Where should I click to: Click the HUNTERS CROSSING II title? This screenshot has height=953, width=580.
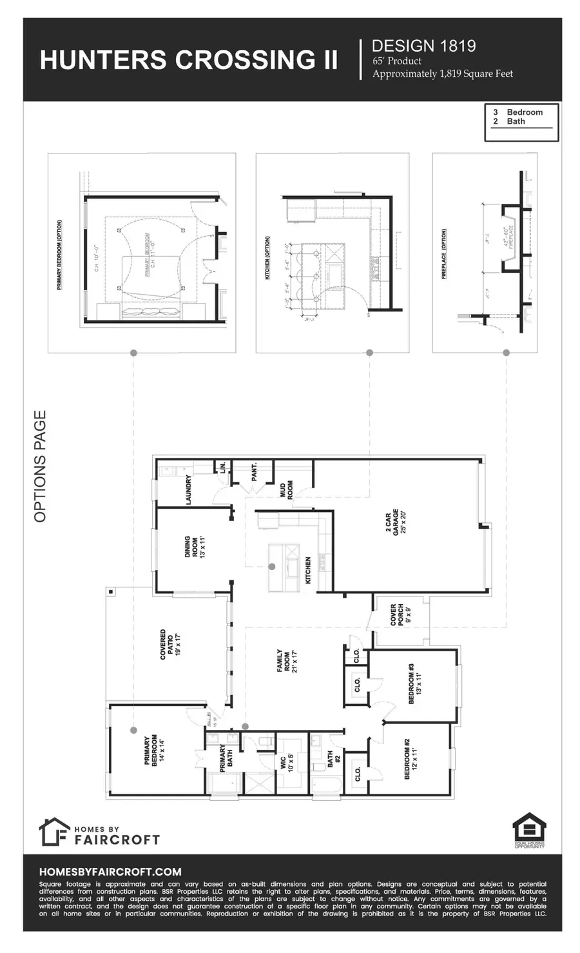coord(188,60)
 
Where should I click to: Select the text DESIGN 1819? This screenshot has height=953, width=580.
coord(423,46)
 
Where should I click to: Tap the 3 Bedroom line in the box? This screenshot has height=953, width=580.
coord(518,112)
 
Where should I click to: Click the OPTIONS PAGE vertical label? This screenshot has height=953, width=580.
coord(41,466)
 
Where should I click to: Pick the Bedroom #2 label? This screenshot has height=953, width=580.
coord(410,760)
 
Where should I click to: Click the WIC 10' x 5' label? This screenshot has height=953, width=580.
coord(287,763)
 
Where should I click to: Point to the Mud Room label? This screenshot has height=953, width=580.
coord(285,490)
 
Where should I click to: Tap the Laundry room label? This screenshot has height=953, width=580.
coord(189,490)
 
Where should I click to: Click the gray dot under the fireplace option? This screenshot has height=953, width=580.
coord(506,353)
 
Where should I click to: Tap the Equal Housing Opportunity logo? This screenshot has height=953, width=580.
coord(529,831)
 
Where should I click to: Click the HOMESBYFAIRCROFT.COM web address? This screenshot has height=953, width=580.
coord(110,871)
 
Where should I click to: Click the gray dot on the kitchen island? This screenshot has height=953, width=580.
coord(272,566)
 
